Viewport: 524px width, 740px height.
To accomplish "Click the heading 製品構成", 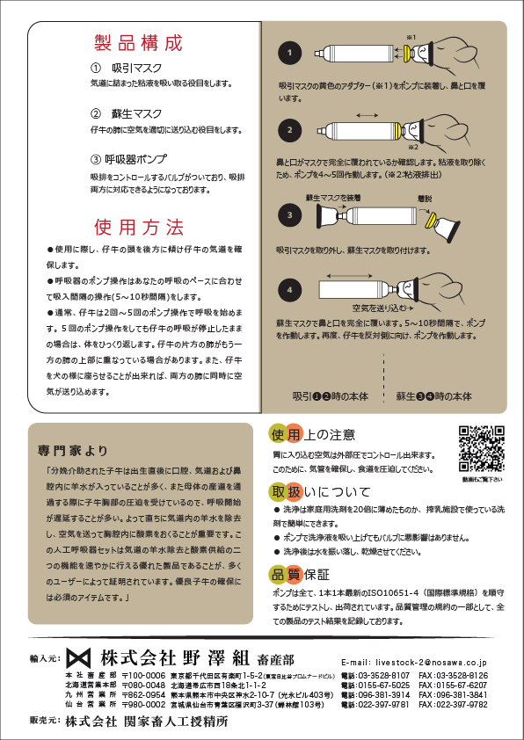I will click(138, 43).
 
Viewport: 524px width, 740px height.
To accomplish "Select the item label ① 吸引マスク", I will click(126, 68).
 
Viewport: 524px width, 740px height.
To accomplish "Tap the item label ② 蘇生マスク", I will click(126, 113).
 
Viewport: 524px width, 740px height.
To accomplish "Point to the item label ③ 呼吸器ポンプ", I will click(129, 159).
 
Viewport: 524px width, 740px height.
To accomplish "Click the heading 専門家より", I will click(73, 450).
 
